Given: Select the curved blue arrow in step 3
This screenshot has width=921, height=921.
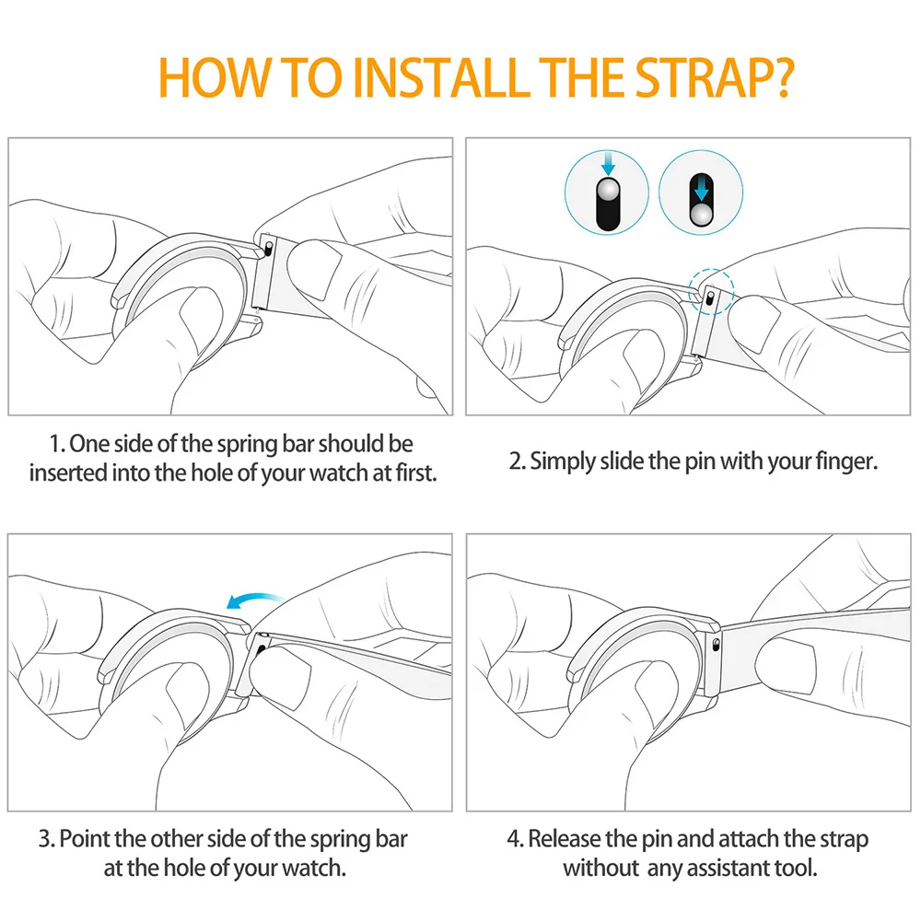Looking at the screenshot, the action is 254,600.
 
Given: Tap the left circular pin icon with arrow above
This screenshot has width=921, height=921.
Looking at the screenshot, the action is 607,192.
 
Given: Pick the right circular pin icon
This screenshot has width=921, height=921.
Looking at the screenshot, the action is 701,192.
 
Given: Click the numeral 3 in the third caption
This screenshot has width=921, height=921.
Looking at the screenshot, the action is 44,839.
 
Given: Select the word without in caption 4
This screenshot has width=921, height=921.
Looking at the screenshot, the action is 600,869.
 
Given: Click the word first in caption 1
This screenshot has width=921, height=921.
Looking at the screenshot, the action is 416,473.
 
